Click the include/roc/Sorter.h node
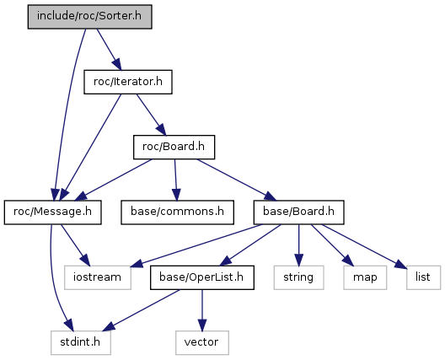click(89, 17)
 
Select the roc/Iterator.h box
click(128, 82)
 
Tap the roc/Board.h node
click(174, 147)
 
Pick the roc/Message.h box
click(53, 212)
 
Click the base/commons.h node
click(177, 212)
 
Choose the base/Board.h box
click(299, 212)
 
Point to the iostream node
click(98, 277)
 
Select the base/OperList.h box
click(202, 277)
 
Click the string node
click(298, 277)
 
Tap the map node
click(365, 277)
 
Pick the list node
click(423, 277)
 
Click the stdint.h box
click(81, 342)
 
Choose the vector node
click(202, 342)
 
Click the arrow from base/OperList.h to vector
click(202, 310)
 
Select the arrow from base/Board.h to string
click(298, 245)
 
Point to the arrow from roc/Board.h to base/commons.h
click(175, 180)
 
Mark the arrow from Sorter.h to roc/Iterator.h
click(109, 49)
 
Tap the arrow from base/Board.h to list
click(364, 246)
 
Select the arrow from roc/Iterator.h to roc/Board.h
click(151, 115)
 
